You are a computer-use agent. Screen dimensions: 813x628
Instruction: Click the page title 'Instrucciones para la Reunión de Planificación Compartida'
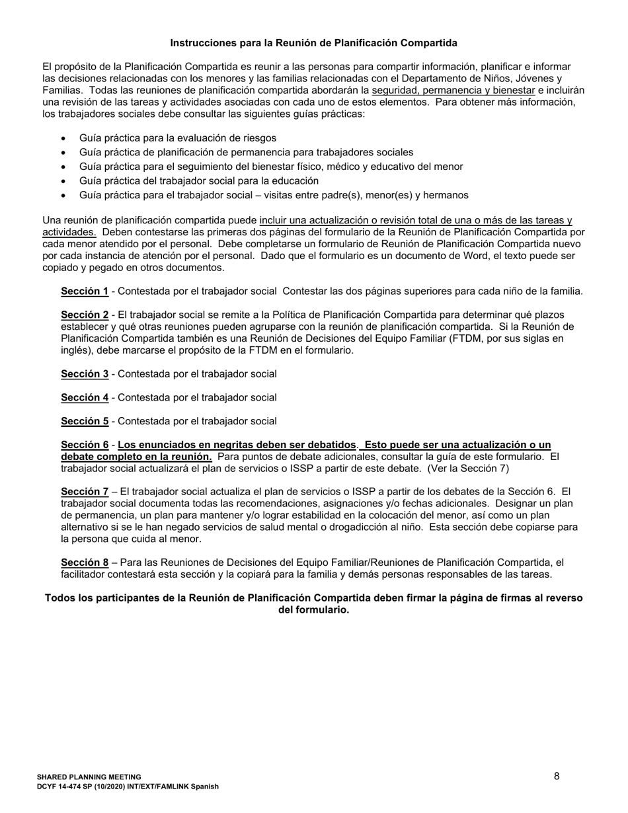(313, 43)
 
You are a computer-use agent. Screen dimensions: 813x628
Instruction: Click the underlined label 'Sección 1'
(85, 291)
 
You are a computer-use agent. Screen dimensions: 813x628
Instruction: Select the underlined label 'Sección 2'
(85, 315)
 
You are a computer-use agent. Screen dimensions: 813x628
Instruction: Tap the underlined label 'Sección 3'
(85, 374)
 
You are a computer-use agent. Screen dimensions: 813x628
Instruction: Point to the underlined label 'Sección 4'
(85, 398)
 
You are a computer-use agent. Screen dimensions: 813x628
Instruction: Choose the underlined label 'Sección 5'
(85, 421)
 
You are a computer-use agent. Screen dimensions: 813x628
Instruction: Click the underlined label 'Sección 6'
(85, 445)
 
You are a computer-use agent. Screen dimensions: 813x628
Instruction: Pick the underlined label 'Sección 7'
(85, 492)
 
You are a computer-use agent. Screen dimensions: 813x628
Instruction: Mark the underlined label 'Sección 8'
(85, 562)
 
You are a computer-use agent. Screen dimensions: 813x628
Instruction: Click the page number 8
(557, 776)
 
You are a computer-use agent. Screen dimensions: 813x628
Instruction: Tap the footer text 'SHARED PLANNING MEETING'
(89, 777)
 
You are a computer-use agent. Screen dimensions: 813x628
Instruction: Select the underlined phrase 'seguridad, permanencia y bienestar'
(453, 91)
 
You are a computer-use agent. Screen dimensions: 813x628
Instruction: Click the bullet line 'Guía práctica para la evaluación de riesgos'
(177, 138)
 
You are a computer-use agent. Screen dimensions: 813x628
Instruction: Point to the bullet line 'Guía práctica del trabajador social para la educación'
(198, 180)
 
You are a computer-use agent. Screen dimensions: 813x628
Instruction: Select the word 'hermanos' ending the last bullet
(447, 195)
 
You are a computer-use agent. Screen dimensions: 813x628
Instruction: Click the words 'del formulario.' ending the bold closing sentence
(313, 609)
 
